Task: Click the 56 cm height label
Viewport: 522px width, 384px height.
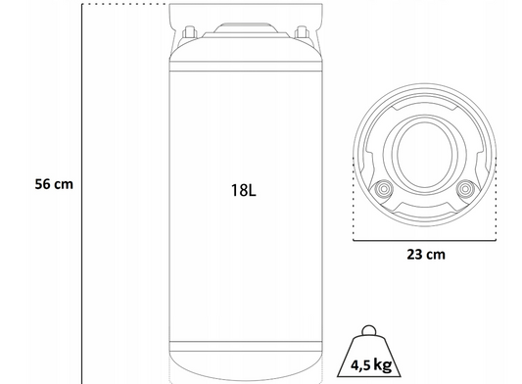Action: coord(54,184)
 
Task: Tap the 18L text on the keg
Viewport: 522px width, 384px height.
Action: coord(244,190)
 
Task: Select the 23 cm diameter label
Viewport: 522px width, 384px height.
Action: coord(426,255)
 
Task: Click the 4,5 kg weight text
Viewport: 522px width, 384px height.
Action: coord(371,364)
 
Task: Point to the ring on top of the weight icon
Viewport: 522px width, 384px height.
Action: coord(369,330)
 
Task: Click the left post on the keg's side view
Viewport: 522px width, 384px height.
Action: coord(189,32)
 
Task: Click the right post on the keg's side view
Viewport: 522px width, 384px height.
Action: coord(302,32)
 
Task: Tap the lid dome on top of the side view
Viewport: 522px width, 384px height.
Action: coord(246,28)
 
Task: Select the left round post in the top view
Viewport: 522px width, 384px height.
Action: coord(384,189)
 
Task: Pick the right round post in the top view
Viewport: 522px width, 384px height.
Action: coord(465,189)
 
